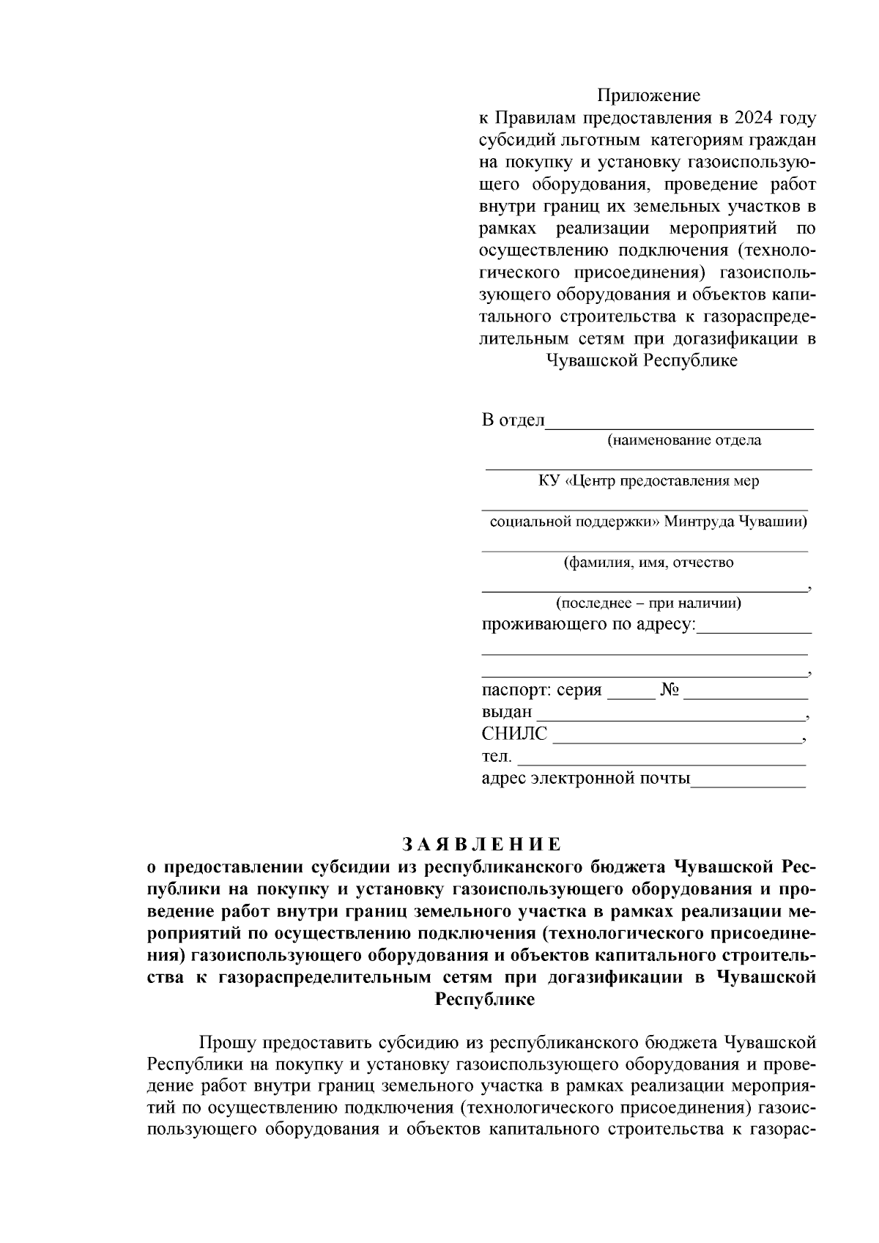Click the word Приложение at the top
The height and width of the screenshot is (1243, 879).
tap(648, 96)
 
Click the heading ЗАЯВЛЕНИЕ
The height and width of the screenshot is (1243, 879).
tap(482, 845)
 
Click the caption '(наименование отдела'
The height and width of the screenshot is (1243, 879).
tap(683, 440)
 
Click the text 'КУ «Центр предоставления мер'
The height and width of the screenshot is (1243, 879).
tap(648, 481)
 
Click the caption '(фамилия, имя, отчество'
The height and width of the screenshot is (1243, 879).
tap(648, 563)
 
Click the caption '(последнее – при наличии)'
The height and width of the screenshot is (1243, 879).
tap(648, 604)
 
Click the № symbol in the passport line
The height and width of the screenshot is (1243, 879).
tap(671, 690)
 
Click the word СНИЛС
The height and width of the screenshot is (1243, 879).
tap(514, 734)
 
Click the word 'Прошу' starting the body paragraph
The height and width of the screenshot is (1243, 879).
tap(227, 1042)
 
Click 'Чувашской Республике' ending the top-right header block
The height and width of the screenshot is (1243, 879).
tap(642, 360)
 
